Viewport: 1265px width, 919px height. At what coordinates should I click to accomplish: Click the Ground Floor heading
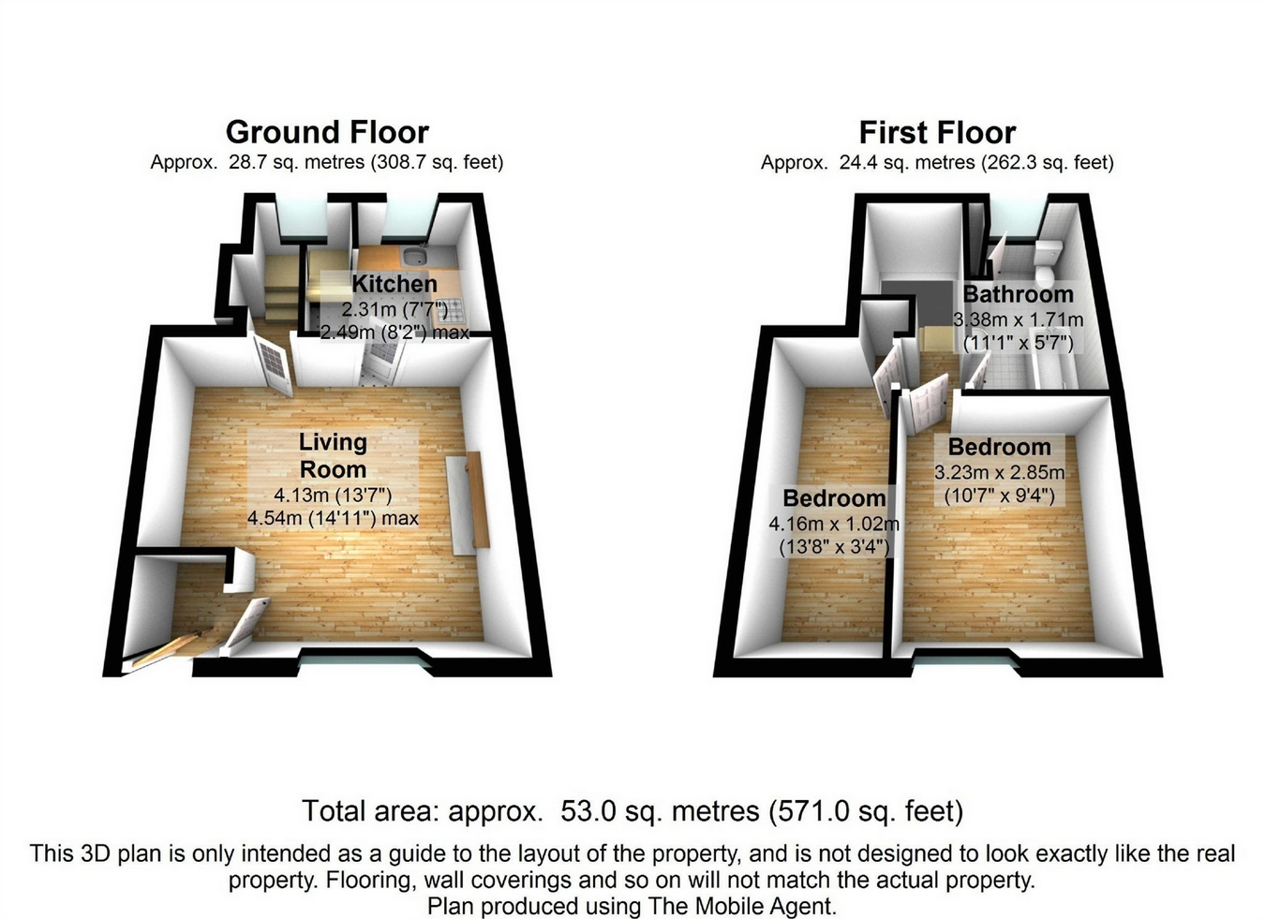(327, 132)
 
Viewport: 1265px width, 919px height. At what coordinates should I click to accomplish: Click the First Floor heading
(937, 133)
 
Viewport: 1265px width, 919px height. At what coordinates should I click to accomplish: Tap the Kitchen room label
(394, 284)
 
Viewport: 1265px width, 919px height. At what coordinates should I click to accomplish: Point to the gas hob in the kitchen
(449, 307)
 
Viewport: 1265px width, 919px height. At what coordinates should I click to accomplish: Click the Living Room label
(333, 455)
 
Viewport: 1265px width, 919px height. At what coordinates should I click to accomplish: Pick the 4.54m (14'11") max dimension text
(333, 518)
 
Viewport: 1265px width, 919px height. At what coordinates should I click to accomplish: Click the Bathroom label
(1019, 294)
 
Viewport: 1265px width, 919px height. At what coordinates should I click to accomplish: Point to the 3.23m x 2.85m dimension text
(999, 472)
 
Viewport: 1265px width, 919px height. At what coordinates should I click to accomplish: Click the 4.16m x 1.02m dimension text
(833, 525)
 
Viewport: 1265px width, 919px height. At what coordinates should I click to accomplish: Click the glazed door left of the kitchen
(273, 363)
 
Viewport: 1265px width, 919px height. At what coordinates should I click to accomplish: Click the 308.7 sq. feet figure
(440, 162)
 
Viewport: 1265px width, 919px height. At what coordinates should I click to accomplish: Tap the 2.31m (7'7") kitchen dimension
(394, 309)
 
